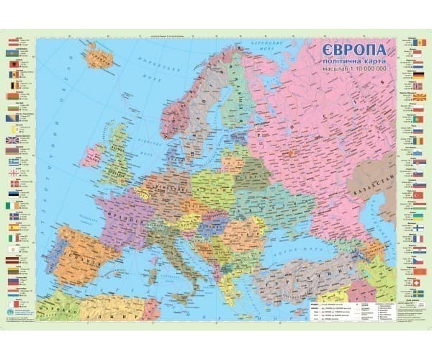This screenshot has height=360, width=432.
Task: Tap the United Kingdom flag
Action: click(12, 152)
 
